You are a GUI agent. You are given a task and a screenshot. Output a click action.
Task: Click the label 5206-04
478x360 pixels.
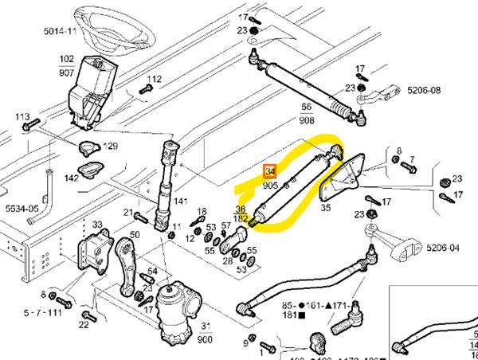[x=444, y=248]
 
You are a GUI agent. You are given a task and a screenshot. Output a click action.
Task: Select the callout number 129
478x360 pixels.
[x=110, y=146]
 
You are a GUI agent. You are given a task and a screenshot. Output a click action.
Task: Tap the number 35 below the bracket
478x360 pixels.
[x=324, y=208]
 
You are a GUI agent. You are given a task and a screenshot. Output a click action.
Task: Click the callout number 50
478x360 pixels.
[x=135, y=235]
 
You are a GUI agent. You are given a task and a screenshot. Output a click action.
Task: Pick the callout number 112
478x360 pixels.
[x=154, y=79]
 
